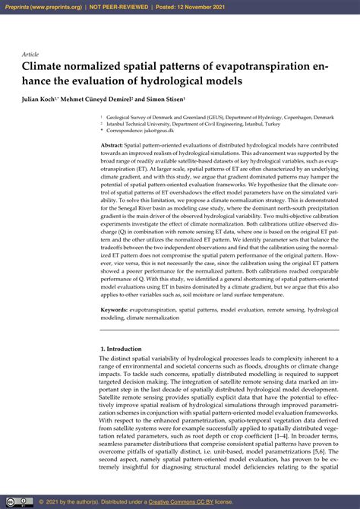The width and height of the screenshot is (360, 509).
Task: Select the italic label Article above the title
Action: (30, 55)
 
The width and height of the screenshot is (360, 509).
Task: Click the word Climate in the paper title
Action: (45, 67)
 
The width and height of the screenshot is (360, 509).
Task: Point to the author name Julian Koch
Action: (43, 100)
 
